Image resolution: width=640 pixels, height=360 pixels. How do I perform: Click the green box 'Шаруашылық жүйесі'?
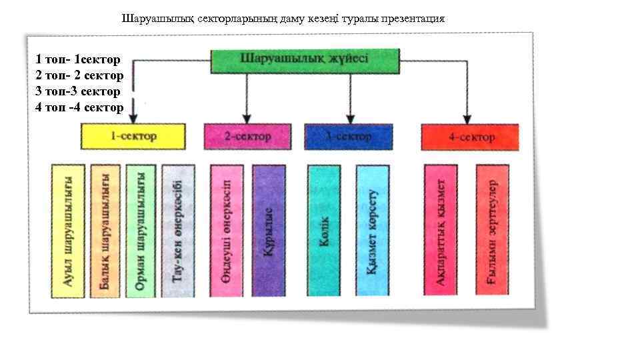point(305,61)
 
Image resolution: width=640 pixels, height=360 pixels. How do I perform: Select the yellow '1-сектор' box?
point(133,137)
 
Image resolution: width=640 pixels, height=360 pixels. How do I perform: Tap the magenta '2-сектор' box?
point(247,137)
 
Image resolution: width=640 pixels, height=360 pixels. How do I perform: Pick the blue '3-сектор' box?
point(348,137)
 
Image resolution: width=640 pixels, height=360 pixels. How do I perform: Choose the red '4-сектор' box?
point(470,137)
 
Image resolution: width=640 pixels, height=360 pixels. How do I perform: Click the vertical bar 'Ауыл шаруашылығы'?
point(68,231)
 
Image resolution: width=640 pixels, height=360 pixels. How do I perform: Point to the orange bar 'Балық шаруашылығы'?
point(105,231)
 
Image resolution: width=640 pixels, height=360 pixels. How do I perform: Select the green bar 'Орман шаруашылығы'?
point(140,231)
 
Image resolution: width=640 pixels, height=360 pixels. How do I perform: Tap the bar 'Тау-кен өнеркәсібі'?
point(178,231)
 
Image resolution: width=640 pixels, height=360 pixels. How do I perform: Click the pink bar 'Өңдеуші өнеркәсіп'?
point(227,231)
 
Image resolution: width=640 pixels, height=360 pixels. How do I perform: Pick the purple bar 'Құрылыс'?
point(268,231)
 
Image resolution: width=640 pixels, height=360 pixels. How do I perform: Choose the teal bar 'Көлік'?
point(324,231)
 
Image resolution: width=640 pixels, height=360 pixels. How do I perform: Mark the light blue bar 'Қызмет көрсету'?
point(372,231)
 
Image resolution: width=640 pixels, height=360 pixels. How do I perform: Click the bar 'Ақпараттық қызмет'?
point(441,231)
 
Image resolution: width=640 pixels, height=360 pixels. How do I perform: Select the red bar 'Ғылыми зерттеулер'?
point(493,231)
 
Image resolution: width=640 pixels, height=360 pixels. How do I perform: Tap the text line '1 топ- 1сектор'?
point(78,60)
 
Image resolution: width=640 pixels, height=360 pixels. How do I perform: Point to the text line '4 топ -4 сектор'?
point(79,107)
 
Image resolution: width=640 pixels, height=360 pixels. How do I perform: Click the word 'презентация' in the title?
point(413,18)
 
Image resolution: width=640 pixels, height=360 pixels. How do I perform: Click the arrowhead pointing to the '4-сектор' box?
point(467,119)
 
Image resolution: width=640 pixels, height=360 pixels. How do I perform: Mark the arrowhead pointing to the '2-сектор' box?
point(247,119)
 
